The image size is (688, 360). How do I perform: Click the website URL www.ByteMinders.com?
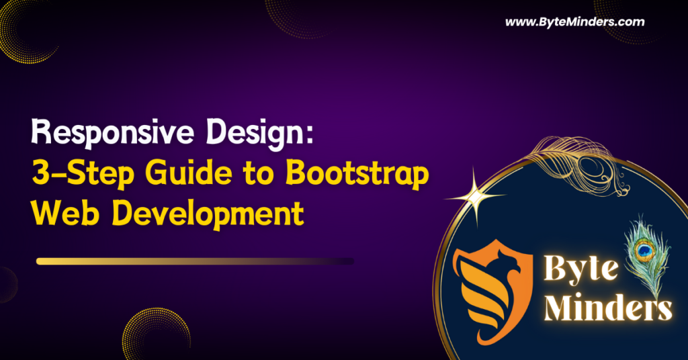pos(575,22)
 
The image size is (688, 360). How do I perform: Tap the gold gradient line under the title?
pos(195,261)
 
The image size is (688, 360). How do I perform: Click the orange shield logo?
pos(492,290)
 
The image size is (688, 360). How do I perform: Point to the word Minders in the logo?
pos(607,306)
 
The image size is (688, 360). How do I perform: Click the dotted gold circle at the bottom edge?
pos(157,334)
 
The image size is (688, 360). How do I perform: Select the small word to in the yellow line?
pos(259,175)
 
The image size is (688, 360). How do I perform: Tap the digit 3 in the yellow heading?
pos(41,174)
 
